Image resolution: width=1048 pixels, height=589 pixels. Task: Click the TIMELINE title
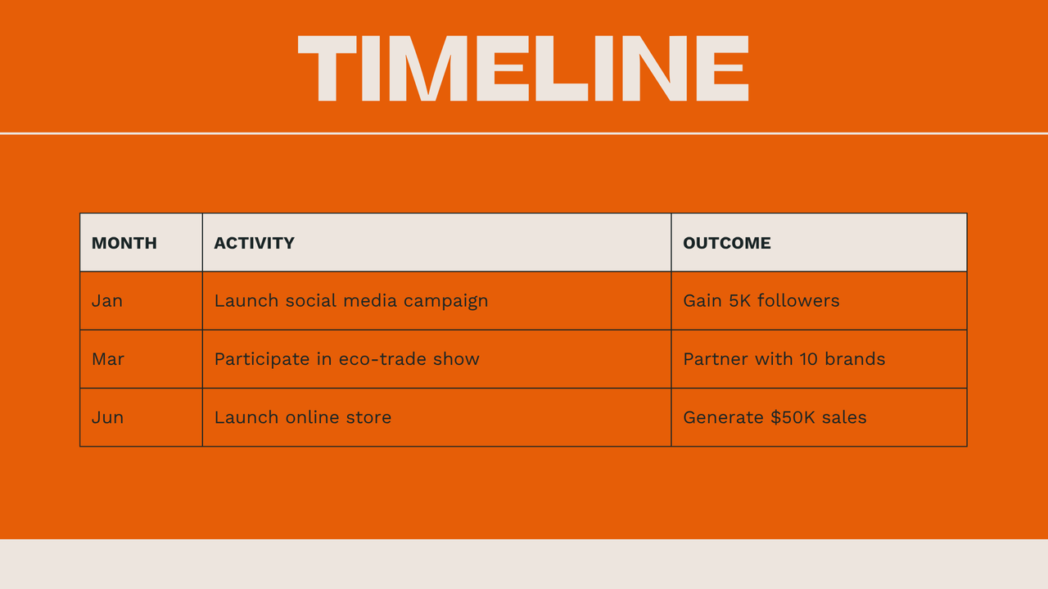pos(523,69)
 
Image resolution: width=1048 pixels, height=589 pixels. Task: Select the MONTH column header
pos(124,243)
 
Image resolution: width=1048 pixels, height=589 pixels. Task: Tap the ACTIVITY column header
pos(254,243)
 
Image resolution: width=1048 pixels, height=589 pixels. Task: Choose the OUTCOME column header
pos(727,243)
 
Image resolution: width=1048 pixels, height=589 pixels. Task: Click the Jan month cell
pos(107,301)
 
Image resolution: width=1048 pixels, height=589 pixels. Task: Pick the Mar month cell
pos(108,359)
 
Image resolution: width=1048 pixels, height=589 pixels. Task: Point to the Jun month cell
pos(107,417)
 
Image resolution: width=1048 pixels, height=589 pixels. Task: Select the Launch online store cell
pos(303,417)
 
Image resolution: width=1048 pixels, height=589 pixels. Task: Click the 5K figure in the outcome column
pos(740,301)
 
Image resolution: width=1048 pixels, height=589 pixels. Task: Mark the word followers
pos(798,301)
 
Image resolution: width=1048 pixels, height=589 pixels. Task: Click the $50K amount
pos(793,417)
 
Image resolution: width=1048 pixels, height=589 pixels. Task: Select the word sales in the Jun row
pos(844,417)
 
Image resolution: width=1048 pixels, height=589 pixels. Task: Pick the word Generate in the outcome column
pos(724,417)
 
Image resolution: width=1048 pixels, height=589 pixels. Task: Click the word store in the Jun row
pos(368,417)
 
